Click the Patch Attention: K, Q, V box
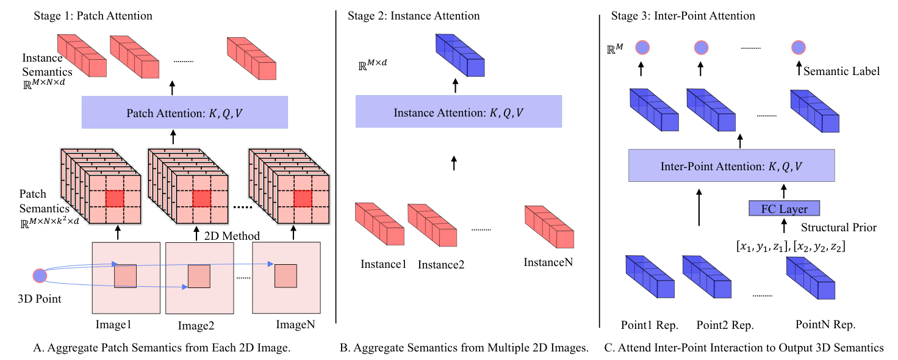point(185,112)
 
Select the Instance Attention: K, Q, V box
point(459,112)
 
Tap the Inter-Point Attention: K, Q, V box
point(731,165)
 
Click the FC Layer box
point(784,209)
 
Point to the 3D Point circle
point(40,276)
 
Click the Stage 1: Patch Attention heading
point(93,16)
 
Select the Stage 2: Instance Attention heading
point(414,16)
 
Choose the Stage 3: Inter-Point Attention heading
point(683,16)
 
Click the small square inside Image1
point(126,276)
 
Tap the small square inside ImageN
point(286,276)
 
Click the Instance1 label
point(383,264)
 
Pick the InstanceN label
point(548,262)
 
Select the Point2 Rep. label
point(725,325)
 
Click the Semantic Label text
point(841,71)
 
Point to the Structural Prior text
point(839,228)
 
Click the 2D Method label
point(232,236)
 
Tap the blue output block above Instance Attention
point(460,56)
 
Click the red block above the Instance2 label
point(432,225)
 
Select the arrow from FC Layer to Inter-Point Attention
point(784,191)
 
